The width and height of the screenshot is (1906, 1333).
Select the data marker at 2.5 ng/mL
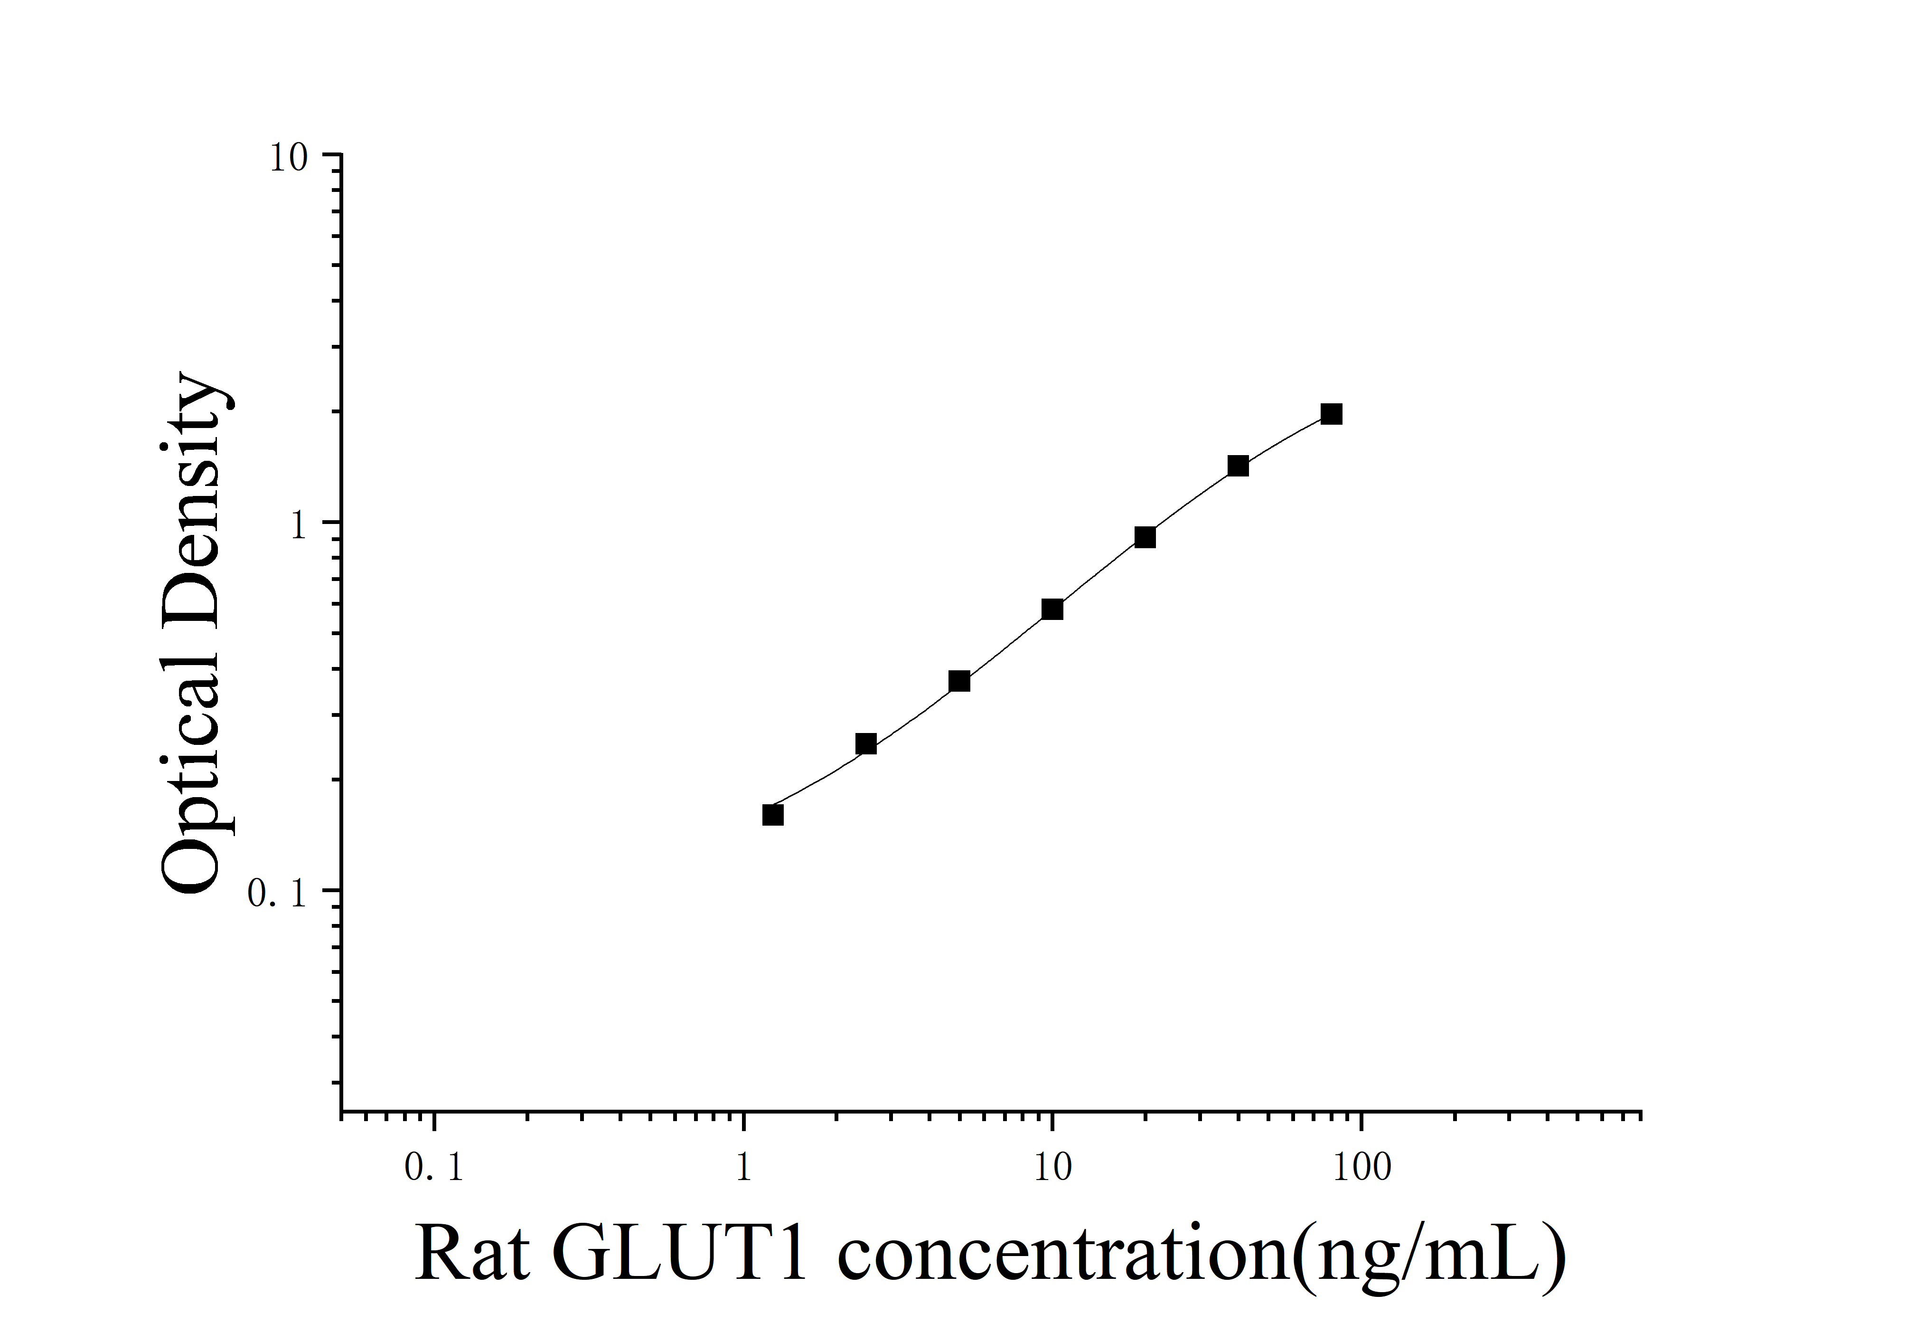(x=866, y=743)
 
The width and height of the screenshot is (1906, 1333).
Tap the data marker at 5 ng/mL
(x=959, y=681)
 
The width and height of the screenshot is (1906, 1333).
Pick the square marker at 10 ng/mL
(x=1052, y=609)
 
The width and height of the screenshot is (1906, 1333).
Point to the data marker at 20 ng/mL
(x=1145, y=537)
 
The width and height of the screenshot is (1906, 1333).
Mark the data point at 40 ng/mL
(x=1238, y=466)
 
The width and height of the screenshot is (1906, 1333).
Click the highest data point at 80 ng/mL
(x=1331, y=414)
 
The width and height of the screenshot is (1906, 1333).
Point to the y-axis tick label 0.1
(x=278, y=894)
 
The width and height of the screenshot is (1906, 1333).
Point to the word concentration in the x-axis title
(x=1062, y=1254)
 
